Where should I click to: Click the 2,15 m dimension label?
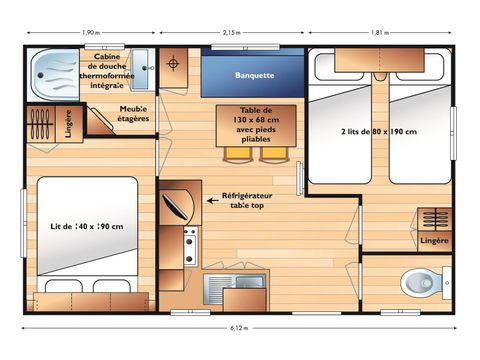coord(232,33)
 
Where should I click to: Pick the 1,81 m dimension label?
coord(380,33)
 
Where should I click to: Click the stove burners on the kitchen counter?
coord(189,245)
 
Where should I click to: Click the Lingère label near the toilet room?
coord(434,240)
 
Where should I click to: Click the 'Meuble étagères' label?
coord(134,113)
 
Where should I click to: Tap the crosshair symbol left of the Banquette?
coord(176,65)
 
